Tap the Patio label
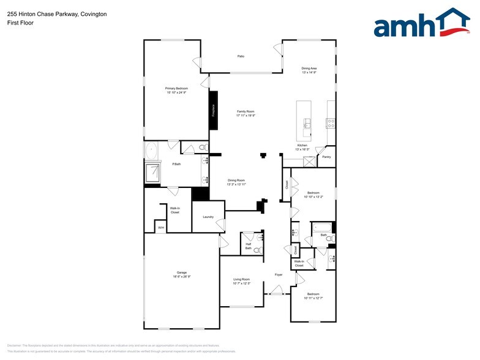pos(241,56)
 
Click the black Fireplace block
pos(214,110)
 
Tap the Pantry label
pos(326,157)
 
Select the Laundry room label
pos(208,217)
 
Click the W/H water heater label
pos(161,228)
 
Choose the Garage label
pos(182,274)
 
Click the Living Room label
pos(242,280)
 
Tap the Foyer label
pos(279,275)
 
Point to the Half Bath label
pos(249,246)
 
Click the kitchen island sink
pos(307,126)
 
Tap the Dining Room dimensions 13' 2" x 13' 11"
pos(236,184)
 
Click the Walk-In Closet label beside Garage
pos(174,210)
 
